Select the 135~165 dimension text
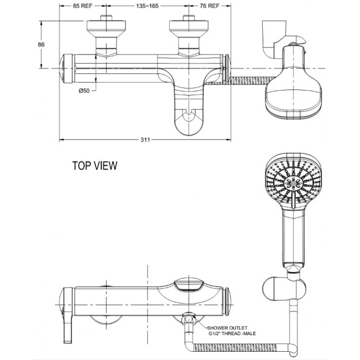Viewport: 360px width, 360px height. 147,7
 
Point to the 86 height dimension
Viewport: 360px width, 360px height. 41,44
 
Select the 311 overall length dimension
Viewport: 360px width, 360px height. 144,140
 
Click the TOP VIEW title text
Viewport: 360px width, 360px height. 94,166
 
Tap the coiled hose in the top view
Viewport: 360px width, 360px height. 246,79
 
